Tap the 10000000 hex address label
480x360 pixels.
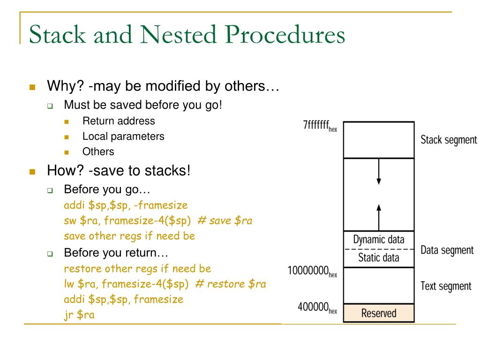[312, 271]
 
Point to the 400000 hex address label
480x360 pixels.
[317, 308]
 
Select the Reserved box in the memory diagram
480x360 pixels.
[379, 313]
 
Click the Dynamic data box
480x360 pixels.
[379, 240]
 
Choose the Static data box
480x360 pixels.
[379, 257]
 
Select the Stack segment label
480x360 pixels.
[449, 140]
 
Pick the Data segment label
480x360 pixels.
[447, 250]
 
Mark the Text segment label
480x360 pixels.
[446, 285]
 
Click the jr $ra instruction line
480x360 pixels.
[79, 315]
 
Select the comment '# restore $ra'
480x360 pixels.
[230, 284]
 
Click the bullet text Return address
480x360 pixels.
[119, 121]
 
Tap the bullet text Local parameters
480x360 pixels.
[123, 136]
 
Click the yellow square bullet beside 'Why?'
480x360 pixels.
[32, 88]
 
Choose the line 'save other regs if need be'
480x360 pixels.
[129, 236]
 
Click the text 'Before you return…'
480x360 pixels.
[116, 253]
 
